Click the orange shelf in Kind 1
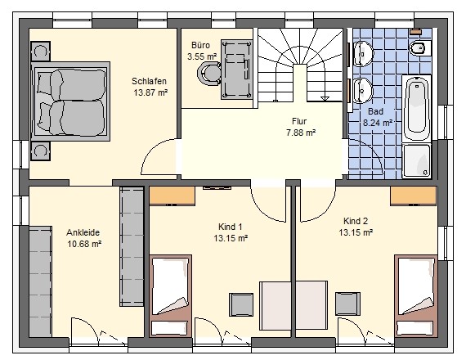tap(173, 196)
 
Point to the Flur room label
tap(298, 120)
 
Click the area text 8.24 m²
tap(377, 123)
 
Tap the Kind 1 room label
tap(231, 227)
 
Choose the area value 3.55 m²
tap(201, 56)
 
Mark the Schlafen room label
tap(150, 82)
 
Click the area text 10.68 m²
tap(83, 244)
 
